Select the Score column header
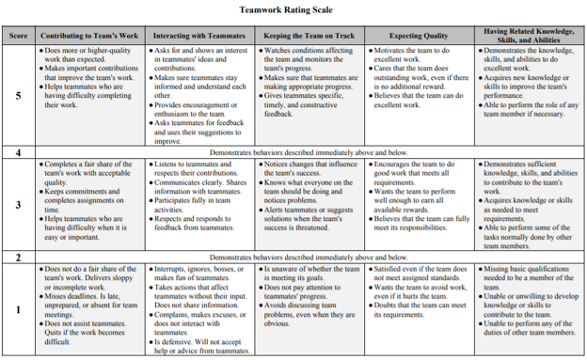click(19, 35)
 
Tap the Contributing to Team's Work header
click(91, 35)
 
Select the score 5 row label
click(19, 95)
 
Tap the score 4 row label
click(19, 152)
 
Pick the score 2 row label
click(19, 257)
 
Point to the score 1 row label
click(19, 309)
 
